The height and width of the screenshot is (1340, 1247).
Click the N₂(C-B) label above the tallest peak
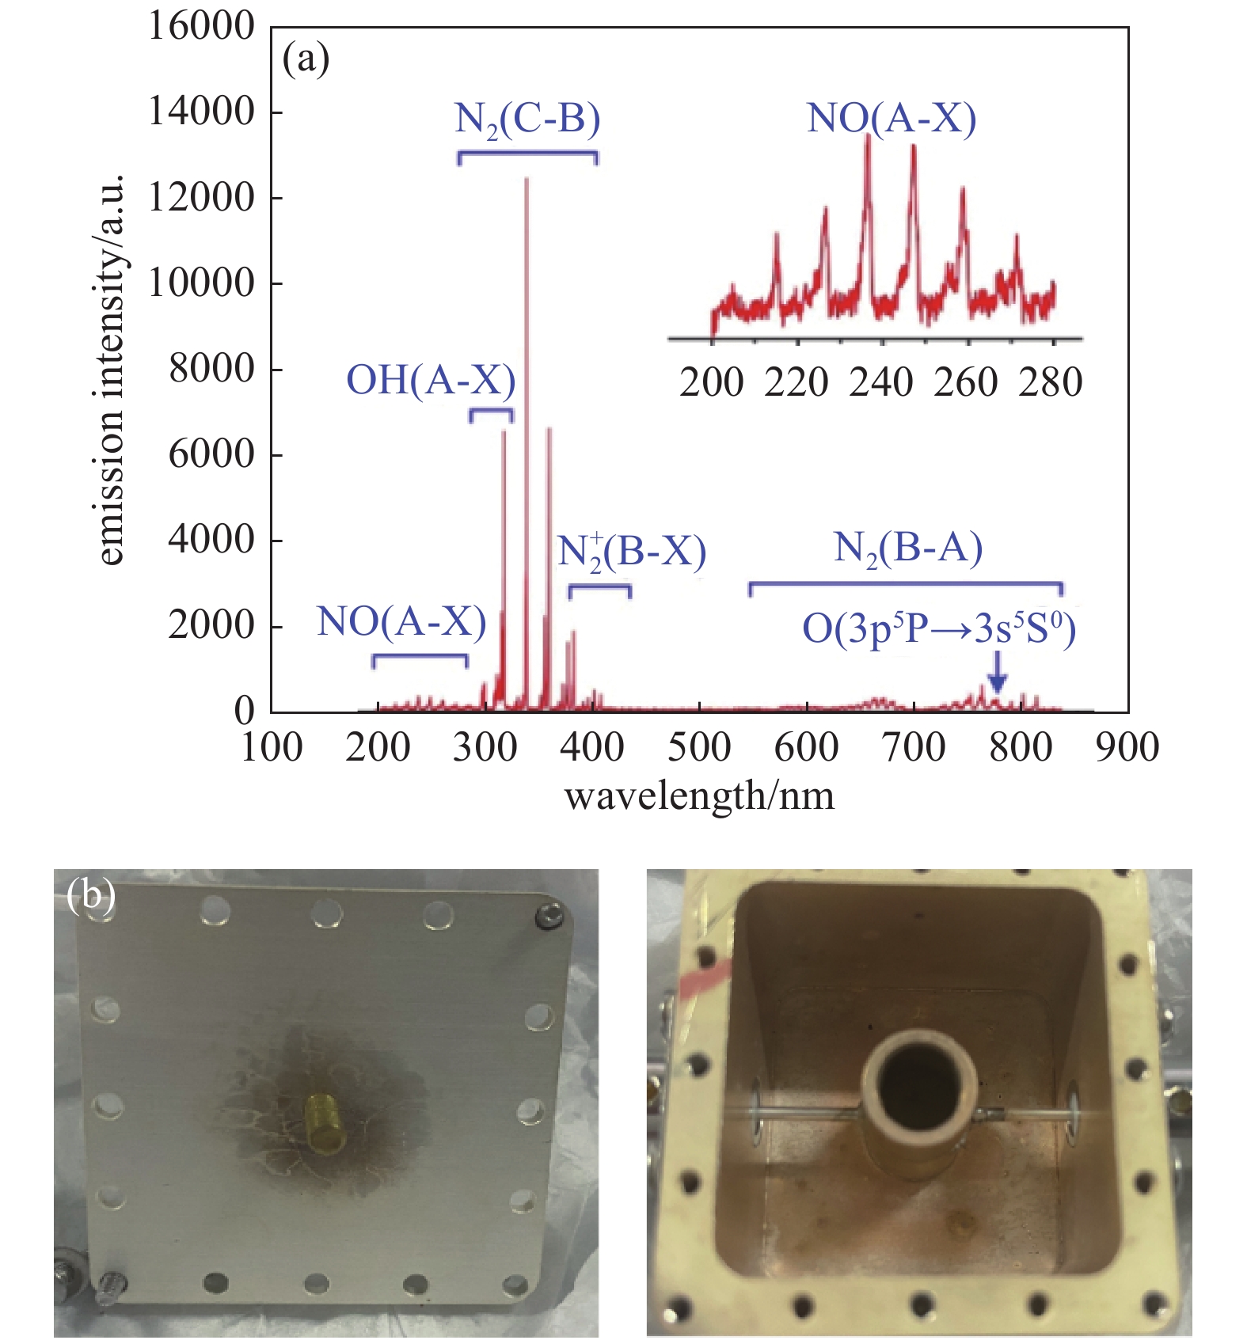click(x=527, y=119)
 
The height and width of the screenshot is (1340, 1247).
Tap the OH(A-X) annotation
click(x=431, y=380)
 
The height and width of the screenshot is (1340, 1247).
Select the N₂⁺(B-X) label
click(x=631, y=552)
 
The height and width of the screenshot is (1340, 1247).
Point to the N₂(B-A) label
click(x=907, y=548)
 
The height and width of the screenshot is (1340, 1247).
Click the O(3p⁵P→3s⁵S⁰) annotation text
click(x=938, y=629)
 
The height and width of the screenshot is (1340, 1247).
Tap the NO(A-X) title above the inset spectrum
click(x=892, y=119)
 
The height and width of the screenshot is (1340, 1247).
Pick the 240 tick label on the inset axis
click(x=881, y=383)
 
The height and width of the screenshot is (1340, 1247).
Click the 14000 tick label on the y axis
click(x=201, y=112)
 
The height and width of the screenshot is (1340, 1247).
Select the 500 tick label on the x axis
click(x=699, y=747)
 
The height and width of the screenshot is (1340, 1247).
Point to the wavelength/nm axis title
click(x=699, y=795)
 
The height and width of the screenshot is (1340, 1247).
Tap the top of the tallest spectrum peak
click(x=527, y=180)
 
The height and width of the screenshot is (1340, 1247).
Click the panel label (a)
click(x=306, y=59)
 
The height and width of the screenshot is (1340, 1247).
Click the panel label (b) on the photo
click(x=92, y=895)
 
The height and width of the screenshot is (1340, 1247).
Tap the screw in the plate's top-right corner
click(x=549, y=917)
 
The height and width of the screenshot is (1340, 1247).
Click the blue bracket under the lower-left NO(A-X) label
click(x=420, y=657)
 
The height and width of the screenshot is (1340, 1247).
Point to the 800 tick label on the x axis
click(x=1021, y=747)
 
